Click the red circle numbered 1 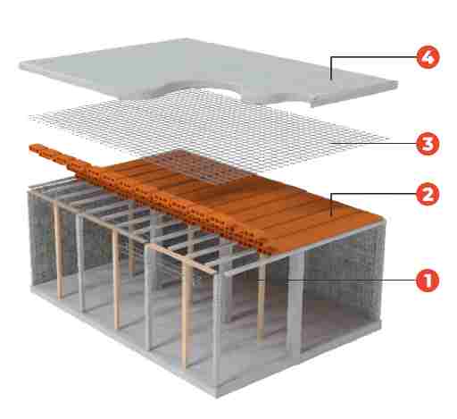click(x=428, y=281)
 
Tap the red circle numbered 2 click(x=428, y=194)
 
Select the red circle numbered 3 click(x=428, y=144)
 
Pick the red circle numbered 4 click(x=428, y=57)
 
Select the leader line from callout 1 click(x=337, y=281)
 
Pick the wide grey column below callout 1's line click(x=295, y=304)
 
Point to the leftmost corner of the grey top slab click(x=21, y=65)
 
